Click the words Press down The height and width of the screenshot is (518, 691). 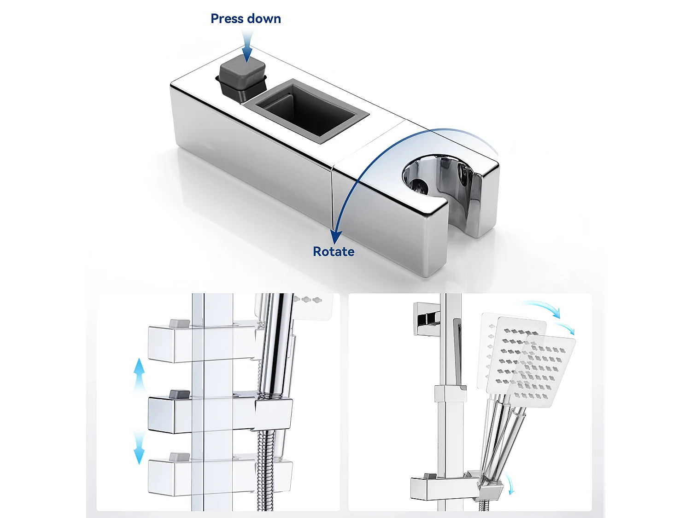[246, 19]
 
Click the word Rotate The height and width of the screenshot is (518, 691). [334, 251]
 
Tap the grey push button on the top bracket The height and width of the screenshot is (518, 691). [242, 74]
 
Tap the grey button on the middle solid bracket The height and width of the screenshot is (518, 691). [180, 394]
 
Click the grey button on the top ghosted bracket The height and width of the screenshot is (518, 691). [180, 323]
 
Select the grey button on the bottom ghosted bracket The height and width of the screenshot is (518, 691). [180, 457]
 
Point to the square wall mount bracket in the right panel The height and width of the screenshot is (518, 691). [427, 318]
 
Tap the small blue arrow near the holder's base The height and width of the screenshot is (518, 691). [510, 483]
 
